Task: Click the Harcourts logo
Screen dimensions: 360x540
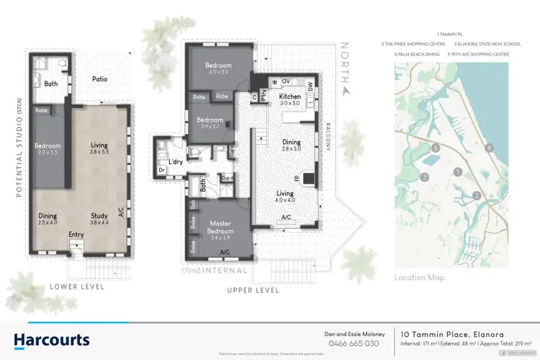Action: coord(52,339)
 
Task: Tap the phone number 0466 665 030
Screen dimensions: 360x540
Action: coord(354,343)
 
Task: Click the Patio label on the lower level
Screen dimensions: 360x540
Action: coord(100,79)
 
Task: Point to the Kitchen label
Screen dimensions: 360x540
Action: coord(289,96)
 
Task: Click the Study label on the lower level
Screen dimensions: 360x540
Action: coord(99,215)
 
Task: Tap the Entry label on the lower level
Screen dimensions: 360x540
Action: coord(76,234)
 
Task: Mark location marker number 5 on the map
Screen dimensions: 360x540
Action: coord(434,148)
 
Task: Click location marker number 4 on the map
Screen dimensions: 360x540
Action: coord(489,148)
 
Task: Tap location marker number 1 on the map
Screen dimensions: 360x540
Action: coord(458,171)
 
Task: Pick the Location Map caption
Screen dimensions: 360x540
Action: coord(419,277)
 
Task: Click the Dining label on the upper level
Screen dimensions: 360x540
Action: coord(291,143)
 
